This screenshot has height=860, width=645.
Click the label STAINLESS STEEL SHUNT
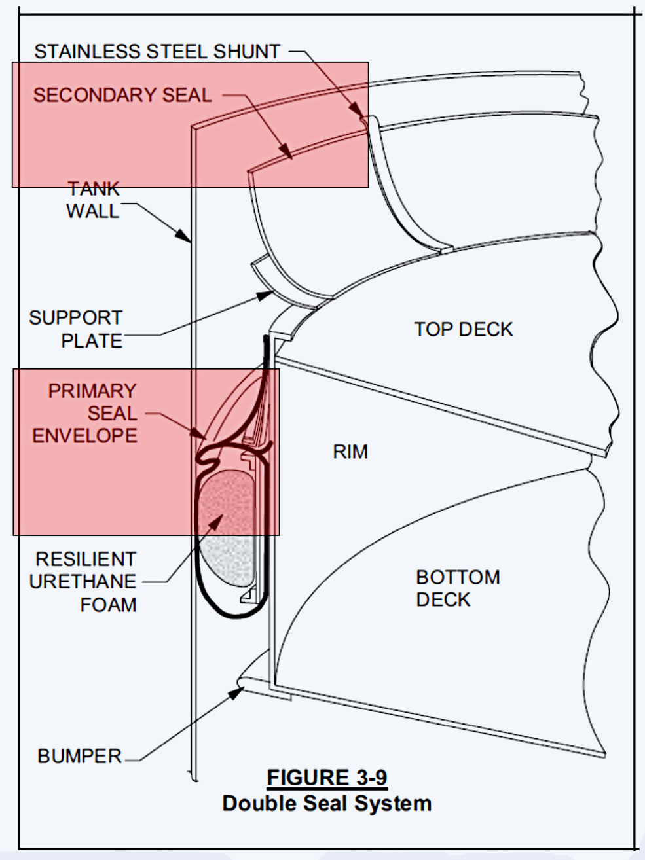[x=157, y=52]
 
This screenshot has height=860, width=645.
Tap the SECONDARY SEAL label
[x=122, y=95]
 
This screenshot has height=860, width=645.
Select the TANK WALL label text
[x=93, y=200]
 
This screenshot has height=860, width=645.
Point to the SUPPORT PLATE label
[x=76, y=329]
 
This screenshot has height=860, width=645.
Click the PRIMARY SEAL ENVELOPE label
[x=84, y=414]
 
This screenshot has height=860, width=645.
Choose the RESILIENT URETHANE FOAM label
[x=83, y=582]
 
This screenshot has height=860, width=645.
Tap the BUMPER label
[x=79, y=756]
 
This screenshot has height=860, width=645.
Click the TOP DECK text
[x=464, y=329]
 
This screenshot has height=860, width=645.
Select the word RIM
[x=350, y=452]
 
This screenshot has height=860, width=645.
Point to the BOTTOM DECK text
[x=458, y=588]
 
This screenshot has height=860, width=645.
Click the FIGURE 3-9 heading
[x=327, y=776]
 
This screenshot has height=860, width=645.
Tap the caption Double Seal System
[x=327, y=803]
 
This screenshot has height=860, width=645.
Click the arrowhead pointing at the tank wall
[x=183, y=235]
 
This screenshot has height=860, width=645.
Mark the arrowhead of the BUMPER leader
[x=236, y=693]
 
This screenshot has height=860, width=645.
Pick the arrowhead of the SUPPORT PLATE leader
[x=265, y=295]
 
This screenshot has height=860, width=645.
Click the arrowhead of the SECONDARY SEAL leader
[x=286, y=151]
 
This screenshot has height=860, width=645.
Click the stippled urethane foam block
[x=227, y=529]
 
